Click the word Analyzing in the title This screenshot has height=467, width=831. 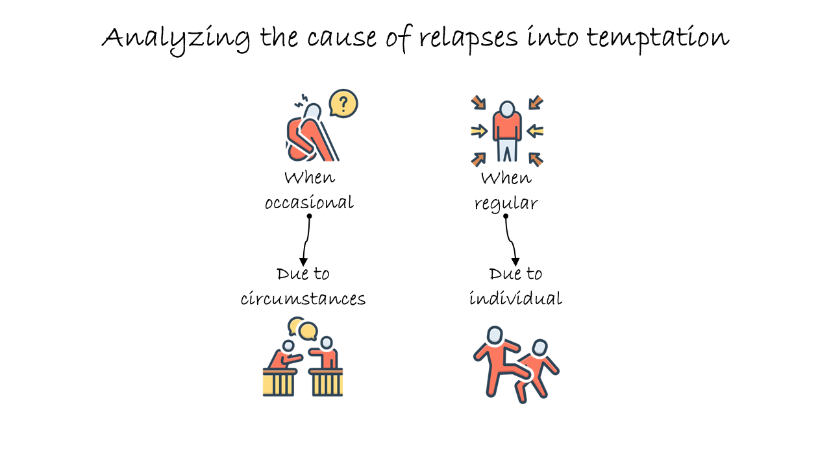tap(175, 38)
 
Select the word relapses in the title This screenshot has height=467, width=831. tap(467, 38)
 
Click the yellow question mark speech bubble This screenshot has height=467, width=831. tap(343, 103)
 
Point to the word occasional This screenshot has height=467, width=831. tap(309, 202)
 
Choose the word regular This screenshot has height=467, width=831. tap(506, 203)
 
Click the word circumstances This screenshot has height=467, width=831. tap(303, 299)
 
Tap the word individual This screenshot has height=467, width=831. tap(515, 299)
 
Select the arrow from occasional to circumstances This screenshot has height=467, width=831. tap(305, 239)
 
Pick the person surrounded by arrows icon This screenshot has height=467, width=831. tap(507, 130)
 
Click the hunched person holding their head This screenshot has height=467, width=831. tap(310, 133)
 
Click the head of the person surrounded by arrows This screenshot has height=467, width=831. tap(507, 108)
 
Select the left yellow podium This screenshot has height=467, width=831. tap(279, 382)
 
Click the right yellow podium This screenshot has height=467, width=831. tap(326, 382)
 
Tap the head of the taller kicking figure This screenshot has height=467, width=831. tap(495, 335)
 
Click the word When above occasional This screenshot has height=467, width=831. tap(310, 177)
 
